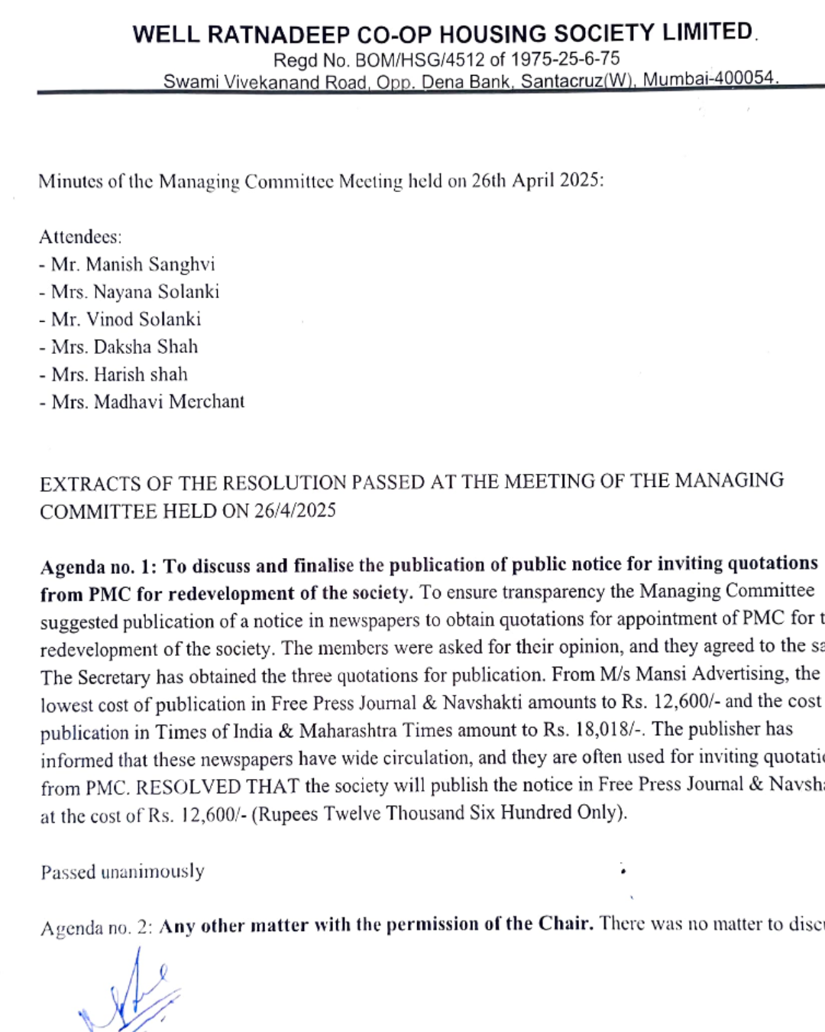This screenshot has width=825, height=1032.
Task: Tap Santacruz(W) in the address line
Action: [x=577, y=80]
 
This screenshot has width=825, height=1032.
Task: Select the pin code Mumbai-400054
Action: [x=710, y=79]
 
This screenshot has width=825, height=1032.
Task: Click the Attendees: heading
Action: [x=80, y=237]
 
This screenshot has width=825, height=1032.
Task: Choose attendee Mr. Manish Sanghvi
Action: [x=127, y=264]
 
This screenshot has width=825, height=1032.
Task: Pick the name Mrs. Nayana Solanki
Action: [x=129, y=292]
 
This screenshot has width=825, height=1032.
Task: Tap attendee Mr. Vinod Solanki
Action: [x=120, y=320]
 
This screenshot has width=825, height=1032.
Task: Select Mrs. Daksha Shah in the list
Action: [x=118, y=347]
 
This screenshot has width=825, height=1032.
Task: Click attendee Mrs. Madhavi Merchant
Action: [x=142, y=402]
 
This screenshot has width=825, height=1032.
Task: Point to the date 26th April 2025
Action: [x=536, y=180]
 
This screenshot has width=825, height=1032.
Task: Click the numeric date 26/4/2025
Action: [x=295, y=511]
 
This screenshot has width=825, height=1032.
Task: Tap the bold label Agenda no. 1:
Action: [x=99, y=567]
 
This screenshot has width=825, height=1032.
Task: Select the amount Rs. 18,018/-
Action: [x=594, y=730]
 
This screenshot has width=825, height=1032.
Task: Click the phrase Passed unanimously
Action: [x=122, y=872]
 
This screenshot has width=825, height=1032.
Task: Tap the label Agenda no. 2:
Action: [x=96, y=928]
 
